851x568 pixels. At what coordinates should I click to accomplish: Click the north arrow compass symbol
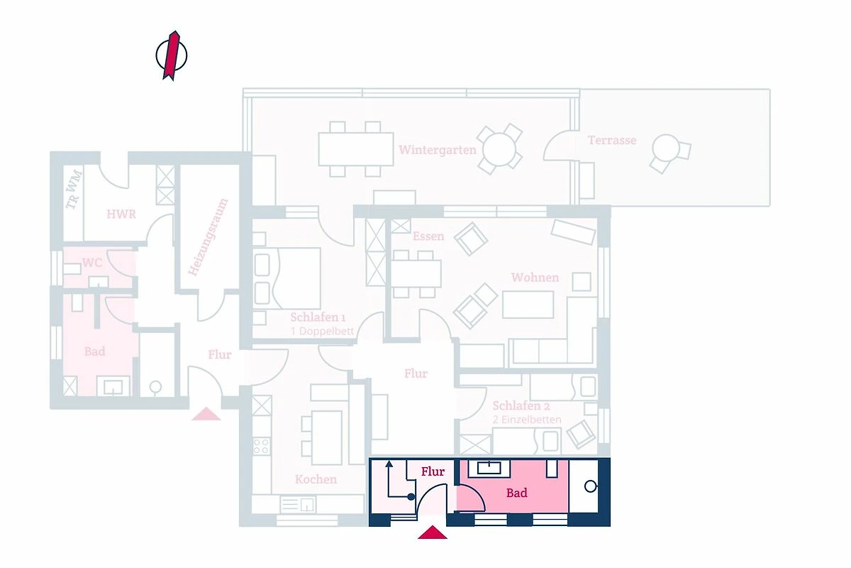click(x=172, y=55)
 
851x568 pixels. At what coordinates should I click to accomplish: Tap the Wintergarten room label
click(x=438, y=150)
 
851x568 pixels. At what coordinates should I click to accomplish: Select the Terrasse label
click(x=611, y=140)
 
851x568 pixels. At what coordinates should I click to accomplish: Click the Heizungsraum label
click(x=208, y=236)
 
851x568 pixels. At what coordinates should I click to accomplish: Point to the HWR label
click(x=121, y=214)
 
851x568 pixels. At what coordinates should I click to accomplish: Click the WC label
click(x=92, y=263)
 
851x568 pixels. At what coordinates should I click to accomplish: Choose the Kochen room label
click(x=316, y=479)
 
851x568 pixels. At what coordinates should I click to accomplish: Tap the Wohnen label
click(x=535, y=278)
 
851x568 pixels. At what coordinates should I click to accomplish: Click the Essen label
click(x=428, y=236)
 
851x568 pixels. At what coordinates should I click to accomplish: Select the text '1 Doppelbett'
click(x=322, y=332)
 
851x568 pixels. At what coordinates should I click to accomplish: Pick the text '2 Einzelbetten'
click(x=527, y=420)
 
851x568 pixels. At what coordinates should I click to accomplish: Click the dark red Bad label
click(x=517, y=493)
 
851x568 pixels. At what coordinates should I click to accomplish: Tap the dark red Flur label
click(x=433, y=471)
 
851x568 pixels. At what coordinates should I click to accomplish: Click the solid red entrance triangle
click(x=433, y=532)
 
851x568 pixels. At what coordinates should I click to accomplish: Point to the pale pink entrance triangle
click(x=206, y=414)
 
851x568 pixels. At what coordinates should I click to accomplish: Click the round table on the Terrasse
click(x=665, y=148)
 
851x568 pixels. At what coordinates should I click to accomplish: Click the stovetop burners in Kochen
click(x=262, y=446)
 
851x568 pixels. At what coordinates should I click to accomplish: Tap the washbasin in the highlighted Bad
click(x=489, y=469)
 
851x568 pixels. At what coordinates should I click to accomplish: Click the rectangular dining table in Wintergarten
click(x=355, y=149)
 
